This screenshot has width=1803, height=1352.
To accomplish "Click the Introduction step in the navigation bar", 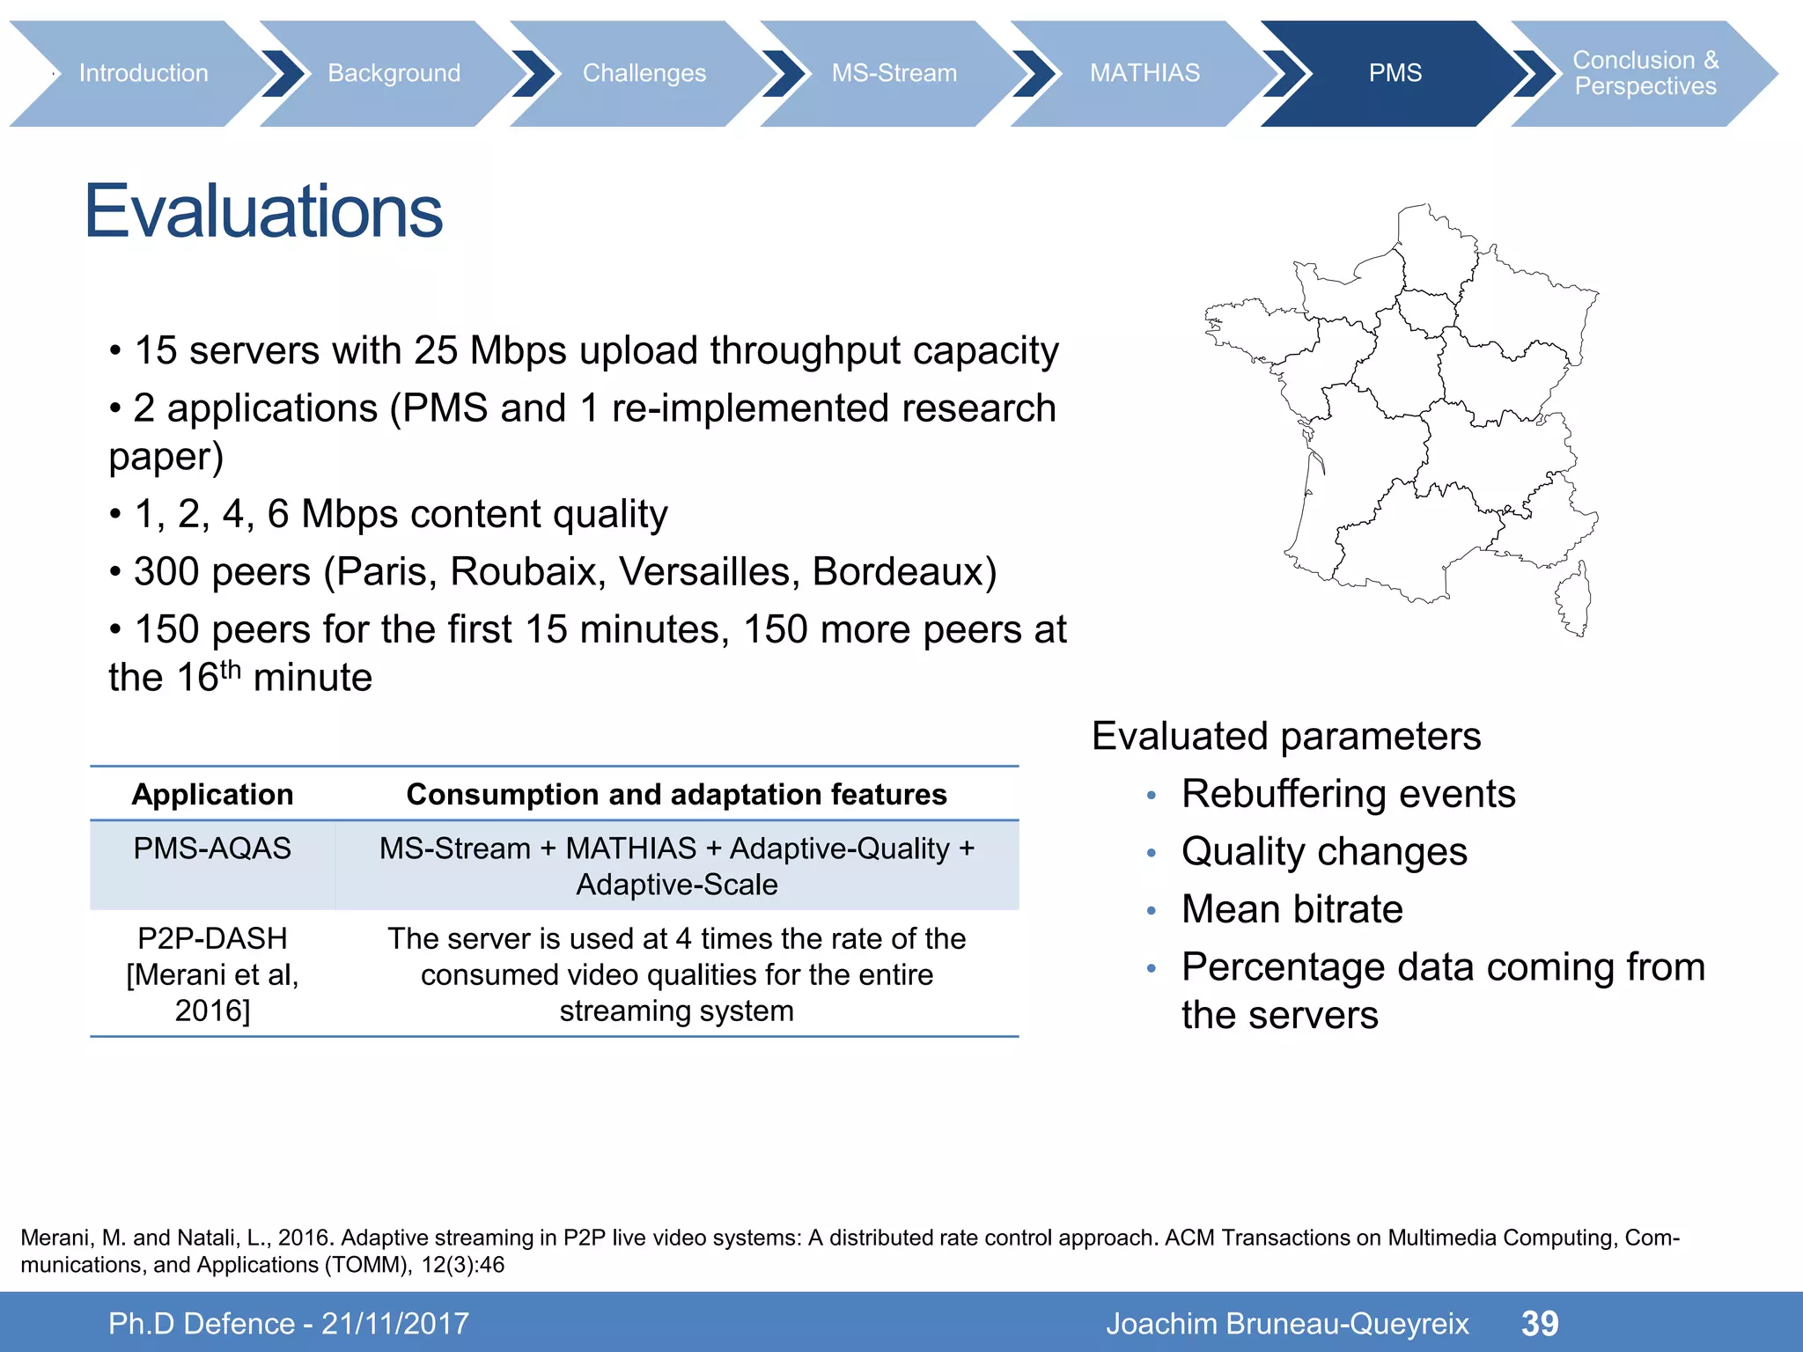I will [144, 73].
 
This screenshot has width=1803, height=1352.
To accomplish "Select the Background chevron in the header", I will [394, 73].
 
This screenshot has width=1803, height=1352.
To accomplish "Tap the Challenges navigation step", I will [644, 73].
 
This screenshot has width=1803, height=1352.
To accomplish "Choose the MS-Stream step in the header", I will [894, 73].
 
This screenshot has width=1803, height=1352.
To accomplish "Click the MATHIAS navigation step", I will [1144, 73].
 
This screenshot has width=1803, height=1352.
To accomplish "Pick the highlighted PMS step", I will [1395, 73].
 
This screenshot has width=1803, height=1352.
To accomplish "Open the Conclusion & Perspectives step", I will [1645, 73].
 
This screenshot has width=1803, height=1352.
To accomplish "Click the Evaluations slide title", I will [263, 211].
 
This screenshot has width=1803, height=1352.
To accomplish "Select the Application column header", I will [212, 795].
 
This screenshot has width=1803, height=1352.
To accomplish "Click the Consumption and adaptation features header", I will [676, 795].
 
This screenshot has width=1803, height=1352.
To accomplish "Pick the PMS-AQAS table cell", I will [212, 849].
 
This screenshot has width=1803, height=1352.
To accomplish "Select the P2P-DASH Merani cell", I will [212, 974].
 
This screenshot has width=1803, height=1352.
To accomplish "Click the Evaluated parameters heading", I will [1286, 736].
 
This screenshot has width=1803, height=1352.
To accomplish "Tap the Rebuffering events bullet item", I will [1348, 794].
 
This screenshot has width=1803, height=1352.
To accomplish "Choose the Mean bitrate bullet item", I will [1292, 909].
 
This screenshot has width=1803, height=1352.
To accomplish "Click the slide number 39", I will [1540, 1323].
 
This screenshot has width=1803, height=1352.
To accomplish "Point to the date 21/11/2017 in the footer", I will [395, 1324].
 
